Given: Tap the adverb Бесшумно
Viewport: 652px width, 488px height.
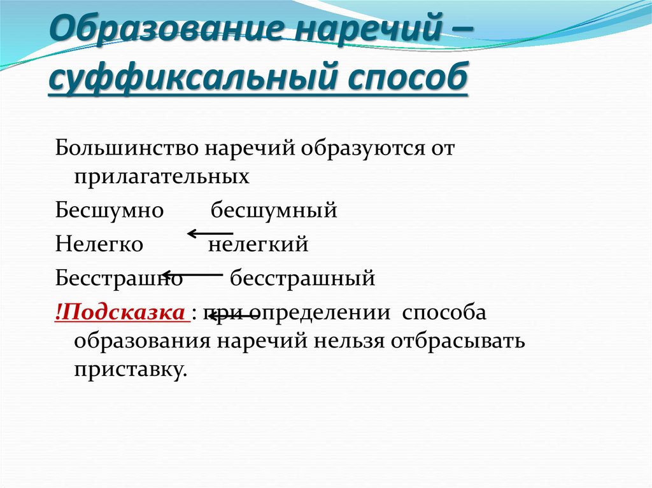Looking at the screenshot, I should point(110,209).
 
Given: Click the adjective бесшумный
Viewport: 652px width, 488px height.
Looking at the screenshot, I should point(274,209).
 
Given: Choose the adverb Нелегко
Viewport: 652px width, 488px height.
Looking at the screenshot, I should point(99,244).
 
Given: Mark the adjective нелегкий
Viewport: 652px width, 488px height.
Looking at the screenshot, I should point(259,244).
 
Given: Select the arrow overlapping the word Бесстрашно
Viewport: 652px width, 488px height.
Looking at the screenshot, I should point(192,274).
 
